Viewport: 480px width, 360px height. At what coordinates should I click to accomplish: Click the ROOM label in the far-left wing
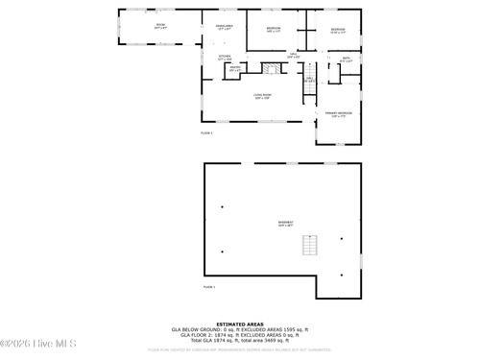(160, 27)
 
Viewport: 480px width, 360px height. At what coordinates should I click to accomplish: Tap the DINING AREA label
(224, 27)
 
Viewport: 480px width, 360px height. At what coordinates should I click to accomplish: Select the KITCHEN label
(225, 57)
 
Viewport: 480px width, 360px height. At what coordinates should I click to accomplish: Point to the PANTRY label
(234, 68)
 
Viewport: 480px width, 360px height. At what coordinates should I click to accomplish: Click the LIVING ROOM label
(262, 95)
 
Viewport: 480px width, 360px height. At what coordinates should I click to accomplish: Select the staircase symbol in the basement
(309, 246)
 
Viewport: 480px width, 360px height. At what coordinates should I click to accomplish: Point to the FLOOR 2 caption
(206, 132)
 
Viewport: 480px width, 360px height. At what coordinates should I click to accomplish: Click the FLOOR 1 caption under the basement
(208, 287)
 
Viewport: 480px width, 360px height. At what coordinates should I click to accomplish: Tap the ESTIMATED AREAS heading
(240, 324)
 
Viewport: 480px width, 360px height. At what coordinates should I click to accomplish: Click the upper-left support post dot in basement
(223, 207)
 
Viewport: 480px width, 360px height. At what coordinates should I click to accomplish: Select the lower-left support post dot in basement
(223, 252)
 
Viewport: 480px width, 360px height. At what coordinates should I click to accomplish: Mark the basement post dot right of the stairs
(342, 239)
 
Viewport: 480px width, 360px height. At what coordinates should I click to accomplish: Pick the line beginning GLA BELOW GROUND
(240, 329)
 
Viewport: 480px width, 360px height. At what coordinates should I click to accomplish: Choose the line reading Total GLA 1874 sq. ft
(240, 341)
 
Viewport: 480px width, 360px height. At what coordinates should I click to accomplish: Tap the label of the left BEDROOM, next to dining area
(274, 29)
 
